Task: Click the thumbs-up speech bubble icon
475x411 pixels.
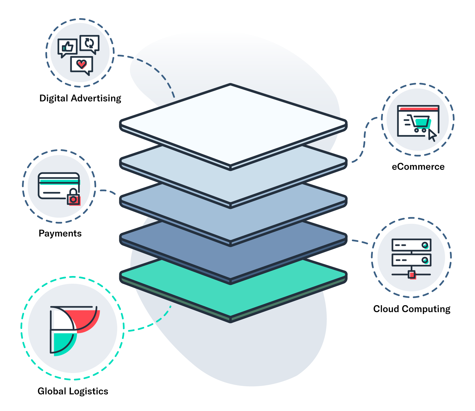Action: point(67,47)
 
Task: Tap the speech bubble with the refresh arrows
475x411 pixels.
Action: point(89,43)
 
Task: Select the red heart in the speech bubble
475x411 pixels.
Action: point(81,64)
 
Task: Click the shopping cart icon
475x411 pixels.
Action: point(420,123)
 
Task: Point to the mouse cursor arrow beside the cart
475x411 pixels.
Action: point(432,135)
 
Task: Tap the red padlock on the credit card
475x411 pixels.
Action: point(73,198)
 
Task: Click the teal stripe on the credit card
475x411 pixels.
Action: point(59,181)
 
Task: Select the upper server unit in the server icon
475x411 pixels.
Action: point(411,245)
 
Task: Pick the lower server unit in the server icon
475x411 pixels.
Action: point(411,260)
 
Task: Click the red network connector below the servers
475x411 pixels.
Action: point(412,275)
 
